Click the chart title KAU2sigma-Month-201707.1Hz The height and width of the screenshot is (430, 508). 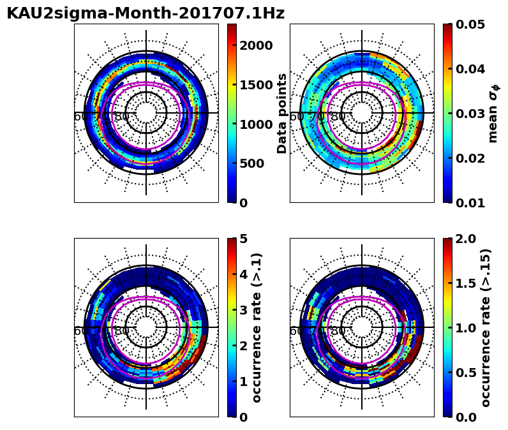click(x=146, y=13)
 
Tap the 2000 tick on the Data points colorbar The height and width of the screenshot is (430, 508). click(x=256, y=45)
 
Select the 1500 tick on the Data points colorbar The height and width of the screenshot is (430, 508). click(x=256, y=85)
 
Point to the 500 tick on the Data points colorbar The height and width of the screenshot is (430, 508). click(x=251, y=163)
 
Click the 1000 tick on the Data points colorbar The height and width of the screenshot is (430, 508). click(x=256, y=124)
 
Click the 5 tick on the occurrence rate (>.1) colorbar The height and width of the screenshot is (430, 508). click(x=243, y=239)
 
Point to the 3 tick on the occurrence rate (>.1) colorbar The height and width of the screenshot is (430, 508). click(x=243, y=310)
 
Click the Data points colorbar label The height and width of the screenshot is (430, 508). click(x=283, y=114)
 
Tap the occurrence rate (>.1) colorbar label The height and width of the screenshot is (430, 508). click(x=257, y=328)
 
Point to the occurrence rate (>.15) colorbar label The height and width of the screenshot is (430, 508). click(x=486, y=328)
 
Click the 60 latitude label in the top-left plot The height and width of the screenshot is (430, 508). click(x=81, y=117)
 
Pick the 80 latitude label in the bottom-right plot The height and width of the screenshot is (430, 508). click(x=338, y=331)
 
